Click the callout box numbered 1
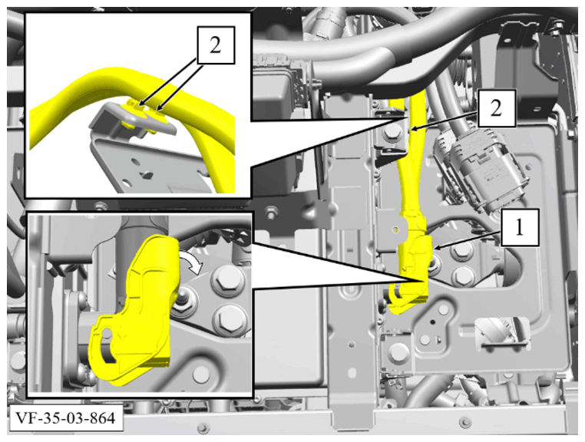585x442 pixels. (520, 228)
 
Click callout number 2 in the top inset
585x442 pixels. (215, 45)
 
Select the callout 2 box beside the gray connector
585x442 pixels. (497, 108)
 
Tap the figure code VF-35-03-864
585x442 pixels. (65, 417)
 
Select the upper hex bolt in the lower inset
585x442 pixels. (227, 279)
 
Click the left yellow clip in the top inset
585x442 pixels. (134, 107)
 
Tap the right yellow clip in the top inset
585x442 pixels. (157, 114)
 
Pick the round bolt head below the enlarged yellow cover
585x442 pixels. (200, 374)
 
